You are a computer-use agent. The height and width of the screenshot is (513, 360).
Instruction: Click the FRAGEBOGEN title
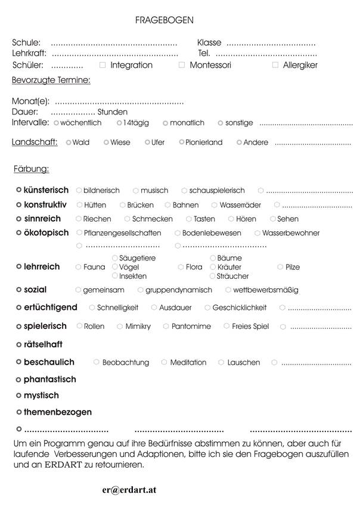164,20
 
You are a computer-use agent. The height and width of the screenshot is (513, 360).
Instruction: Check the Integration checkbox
103,64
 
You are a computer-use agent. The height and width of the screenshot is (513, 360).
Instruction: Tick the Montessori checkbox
182,64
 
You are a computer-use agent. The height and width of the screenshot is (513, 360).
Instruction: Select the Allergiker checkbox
275,64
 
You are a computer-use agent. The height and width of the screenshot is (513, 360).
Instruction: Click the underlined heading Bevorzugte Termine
51,79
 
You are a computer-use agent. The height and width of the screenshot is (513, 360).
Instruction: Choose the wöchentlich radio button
56,123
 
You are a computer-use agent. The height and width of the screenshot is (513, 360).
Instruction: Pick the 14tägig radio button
119,123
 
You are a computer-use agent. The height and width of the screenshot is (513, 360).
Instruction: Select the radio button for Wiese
106,142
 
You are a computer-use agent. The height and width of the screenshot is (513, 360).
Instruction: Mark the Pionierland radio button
182,142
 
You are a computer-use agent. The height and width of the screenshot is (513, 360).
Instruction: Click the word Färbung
31,169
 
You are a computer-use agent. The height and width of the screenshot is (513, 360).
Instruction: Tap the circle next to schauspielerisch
185,191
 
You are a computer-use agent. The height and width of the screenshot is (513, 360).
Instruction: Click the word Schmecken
153,219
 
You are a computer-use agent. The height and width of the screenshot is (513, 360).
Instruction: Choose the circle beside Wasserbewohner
257,233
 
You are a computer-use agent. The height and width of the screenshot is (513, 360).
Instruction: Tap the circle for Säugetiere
115,258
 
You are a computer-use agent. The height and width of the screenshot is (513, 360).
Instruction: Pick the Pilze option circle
280,268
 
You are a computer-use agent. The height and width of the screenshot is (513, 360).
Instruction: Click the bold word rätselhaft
43,344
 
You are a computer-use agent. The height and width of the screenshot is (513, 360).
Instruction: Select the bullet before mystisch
19,395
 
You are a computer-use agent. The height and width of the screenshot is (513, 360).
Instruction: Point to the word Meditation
188,362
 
